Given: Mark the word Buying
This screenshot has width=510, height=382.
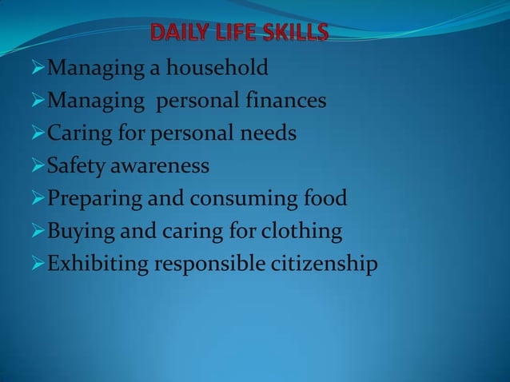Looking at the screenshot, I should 77,232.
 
